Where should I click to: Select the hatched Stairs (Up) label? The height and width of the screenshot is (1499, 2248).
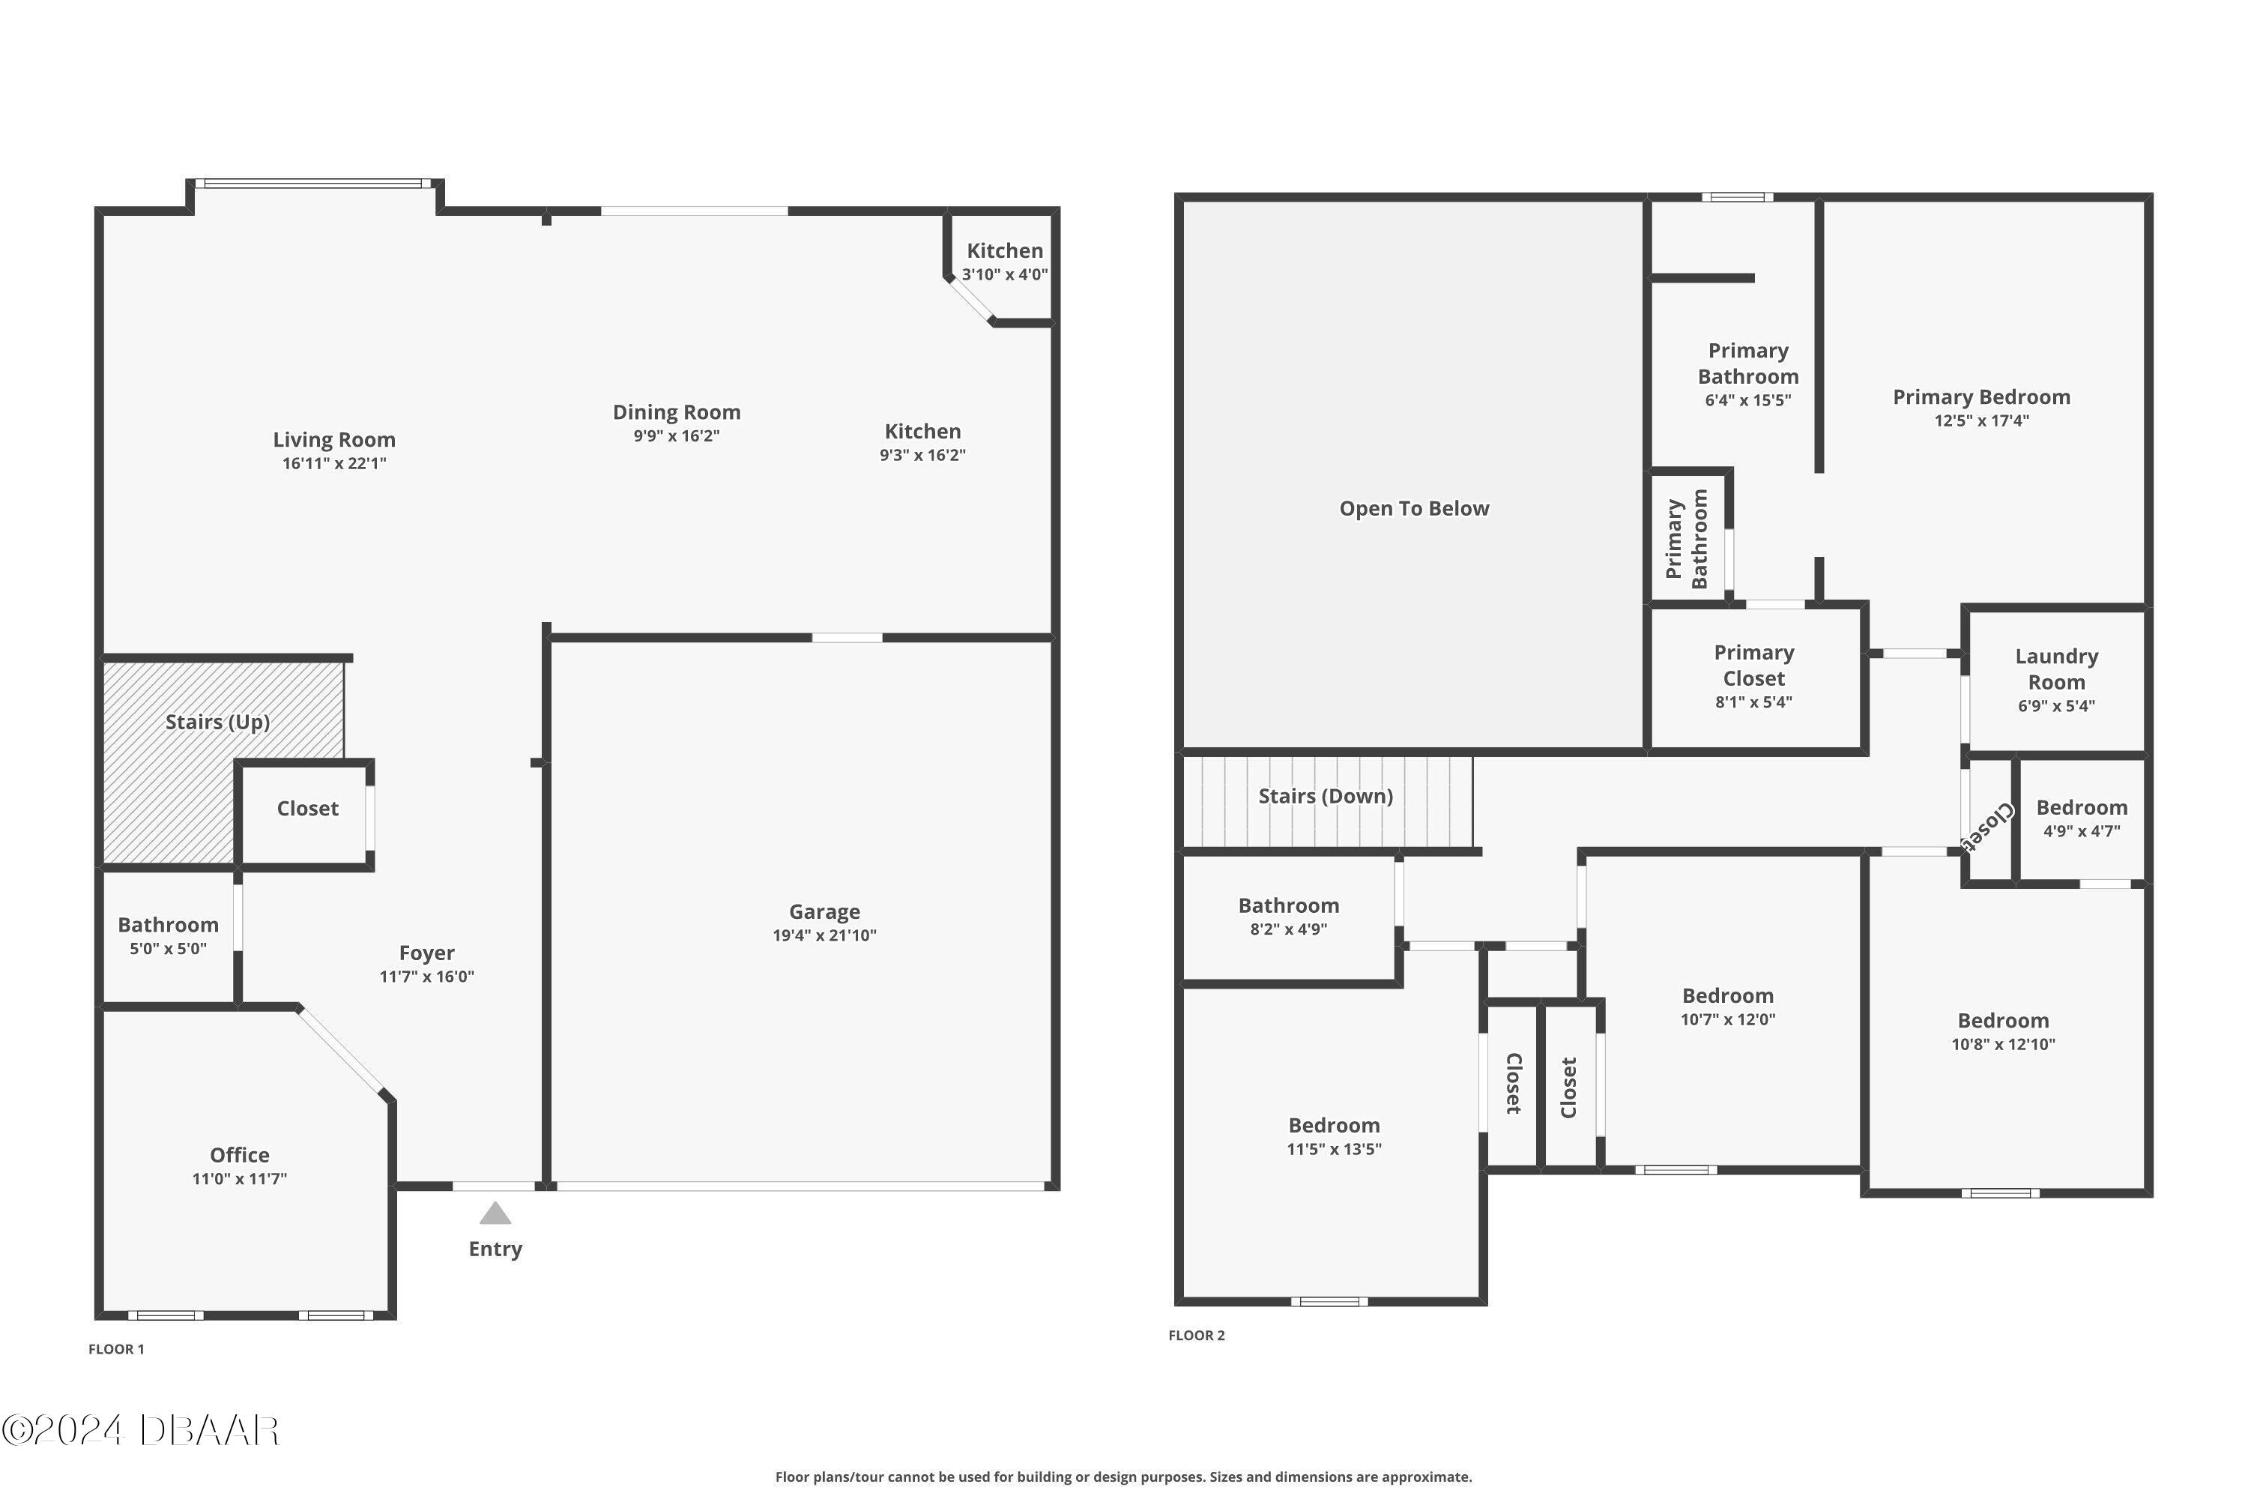click(217, 722)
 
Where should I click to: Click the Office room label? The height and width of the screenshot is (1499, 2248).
click(239, 1155)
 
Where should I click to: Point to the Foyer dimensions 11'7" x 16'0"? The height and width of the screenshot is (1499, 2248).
click(426, 976)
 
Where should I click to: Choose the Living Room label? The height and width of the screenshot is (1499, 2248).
click(333, 440)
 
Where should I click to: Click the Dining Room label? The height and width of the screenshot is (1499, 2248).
click(676, 412)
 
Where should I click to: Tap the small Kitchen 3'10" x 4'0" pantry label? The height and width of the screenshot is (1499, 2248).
click(1005, 261)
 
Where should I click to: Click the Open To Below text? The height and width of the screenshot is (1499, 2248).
click(1413, 509)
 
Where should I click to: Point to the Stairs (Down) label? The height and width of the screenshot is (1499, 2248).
click(1325, 796)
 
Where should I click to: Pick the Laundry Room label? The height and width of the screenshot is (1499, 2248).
click(2056, 669)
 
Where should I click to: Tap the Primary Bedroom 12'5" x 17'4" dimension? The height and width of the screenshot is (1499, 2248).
click(1981, 420)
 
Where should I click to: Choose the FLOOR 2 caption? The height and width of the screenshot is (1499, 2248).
click(1196, 1336)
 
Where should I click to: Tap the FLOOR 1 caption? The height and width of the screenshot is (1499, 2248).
click(115, 1349)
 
